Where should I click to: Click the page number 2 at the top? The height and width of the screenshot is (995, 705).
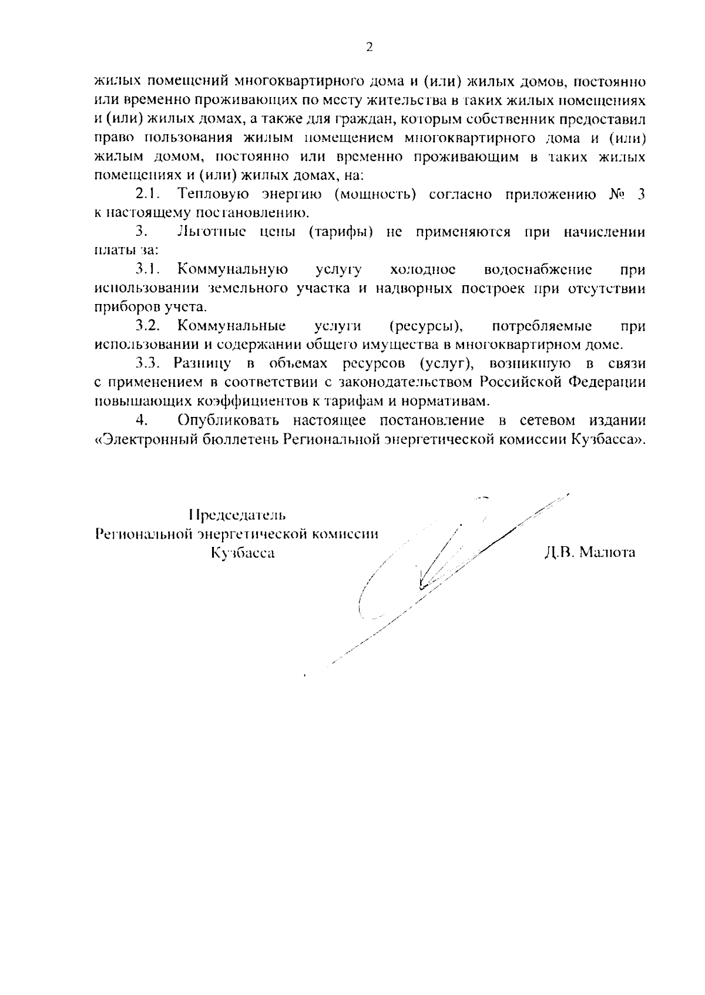pos(369,48)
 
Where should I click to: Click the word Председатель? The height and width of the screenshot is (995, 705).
pos(237,515)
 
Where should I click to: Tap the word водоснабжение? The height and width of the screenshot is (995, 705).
pos(538,270)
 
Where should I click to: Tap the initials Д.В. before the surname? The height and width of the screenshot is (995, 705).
pos(558,553)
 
